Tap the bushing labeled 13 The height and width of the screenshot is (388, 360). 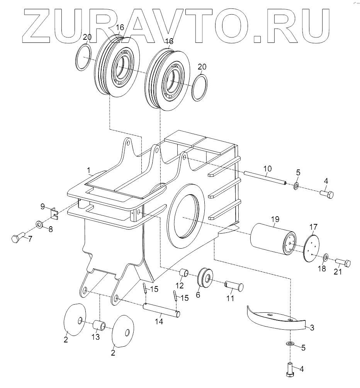coord(99,325)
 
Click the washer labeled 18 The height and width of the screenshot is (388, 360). coord(326,257)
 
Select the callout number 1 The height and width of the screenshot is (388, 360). coord(89,169)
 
